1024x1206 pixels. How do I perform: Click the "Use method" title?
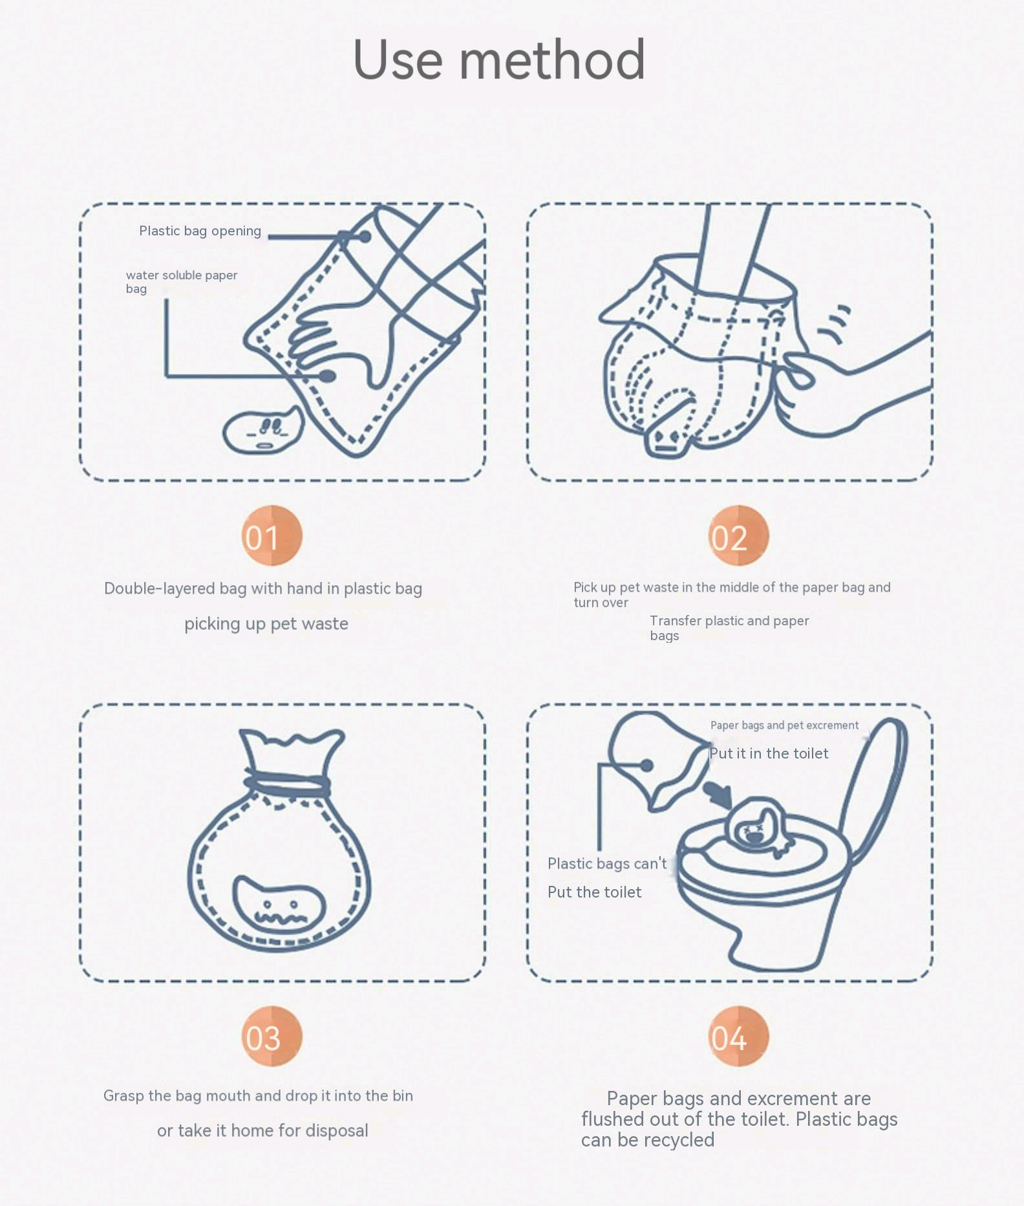498,59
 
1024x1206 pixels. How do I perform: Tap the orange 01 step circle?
272,535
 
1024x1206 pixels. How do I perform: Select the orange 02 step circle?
738,535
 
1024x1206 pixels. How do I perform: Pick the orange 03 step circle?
272,1036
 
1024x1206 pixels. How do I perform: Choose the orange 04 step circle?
738,1036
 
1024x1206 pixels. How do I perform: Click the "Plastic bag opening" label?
200,231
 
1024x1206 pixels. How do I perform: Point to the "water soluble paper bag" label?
182,281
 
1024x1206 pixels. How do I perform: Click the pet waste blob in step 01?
262,430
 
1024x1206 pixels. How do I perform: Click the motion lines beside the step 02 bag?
835,323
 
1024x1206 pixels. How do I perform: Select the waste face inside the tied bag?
279,904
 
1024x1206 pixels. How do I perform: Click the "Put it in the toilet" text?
769,753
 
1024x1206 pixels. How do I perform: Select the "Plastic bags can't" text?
607,863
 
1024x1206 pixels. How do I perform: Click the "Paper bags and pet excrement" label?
784,726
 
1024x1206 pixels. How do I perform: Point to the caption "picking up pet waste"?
266,624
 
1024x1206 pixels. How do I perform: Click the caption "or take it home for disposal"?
262,1130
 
